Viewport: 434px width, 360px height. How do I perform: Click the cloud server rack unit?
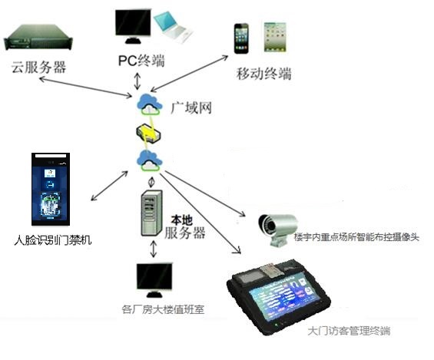coord(38,37)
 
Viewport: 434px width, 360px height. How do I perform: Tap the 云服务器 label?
coord(38,67)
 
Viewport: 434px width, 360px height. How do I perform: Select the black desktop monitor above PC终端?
coord(133,26)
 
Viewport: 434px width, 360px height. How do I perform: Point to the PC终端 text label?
coord(141,61)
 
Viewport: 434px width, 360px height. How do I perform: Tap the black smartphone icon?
coord(241,38)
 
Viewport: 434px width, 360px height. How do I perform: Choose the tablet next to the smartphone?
coord(274,38)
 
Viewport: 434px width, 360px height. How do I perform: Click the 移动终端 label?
coord(263,74)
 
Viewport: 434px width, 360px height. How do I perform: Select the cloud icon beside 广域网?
coord(150,104)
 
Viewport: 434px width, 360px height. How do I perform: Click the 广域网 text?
coord(191,107)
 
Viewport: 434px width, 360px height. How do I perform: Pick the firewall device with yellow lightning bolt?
coord(148,134)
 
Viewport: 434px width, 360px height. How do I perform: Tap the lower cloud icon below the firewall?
coord(150,160)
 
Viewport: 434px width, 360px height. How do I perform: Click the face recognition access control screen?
coord(51,189)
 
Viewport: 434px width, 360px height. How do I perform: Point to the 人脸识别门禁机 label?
coord(52,239)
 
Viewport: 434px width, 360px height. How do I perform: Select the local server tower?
coord(151,213)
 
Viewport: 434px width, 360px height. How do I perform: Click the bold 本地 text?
coord(181,220)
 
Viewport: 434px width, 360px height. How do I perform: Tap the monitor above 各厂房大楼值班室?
coord(154,280)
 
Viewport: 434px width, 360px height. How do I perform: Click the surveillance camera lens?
coord(265,223)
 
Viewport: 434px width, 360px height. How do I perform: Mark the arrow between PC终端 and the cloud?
coord(137,81)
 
